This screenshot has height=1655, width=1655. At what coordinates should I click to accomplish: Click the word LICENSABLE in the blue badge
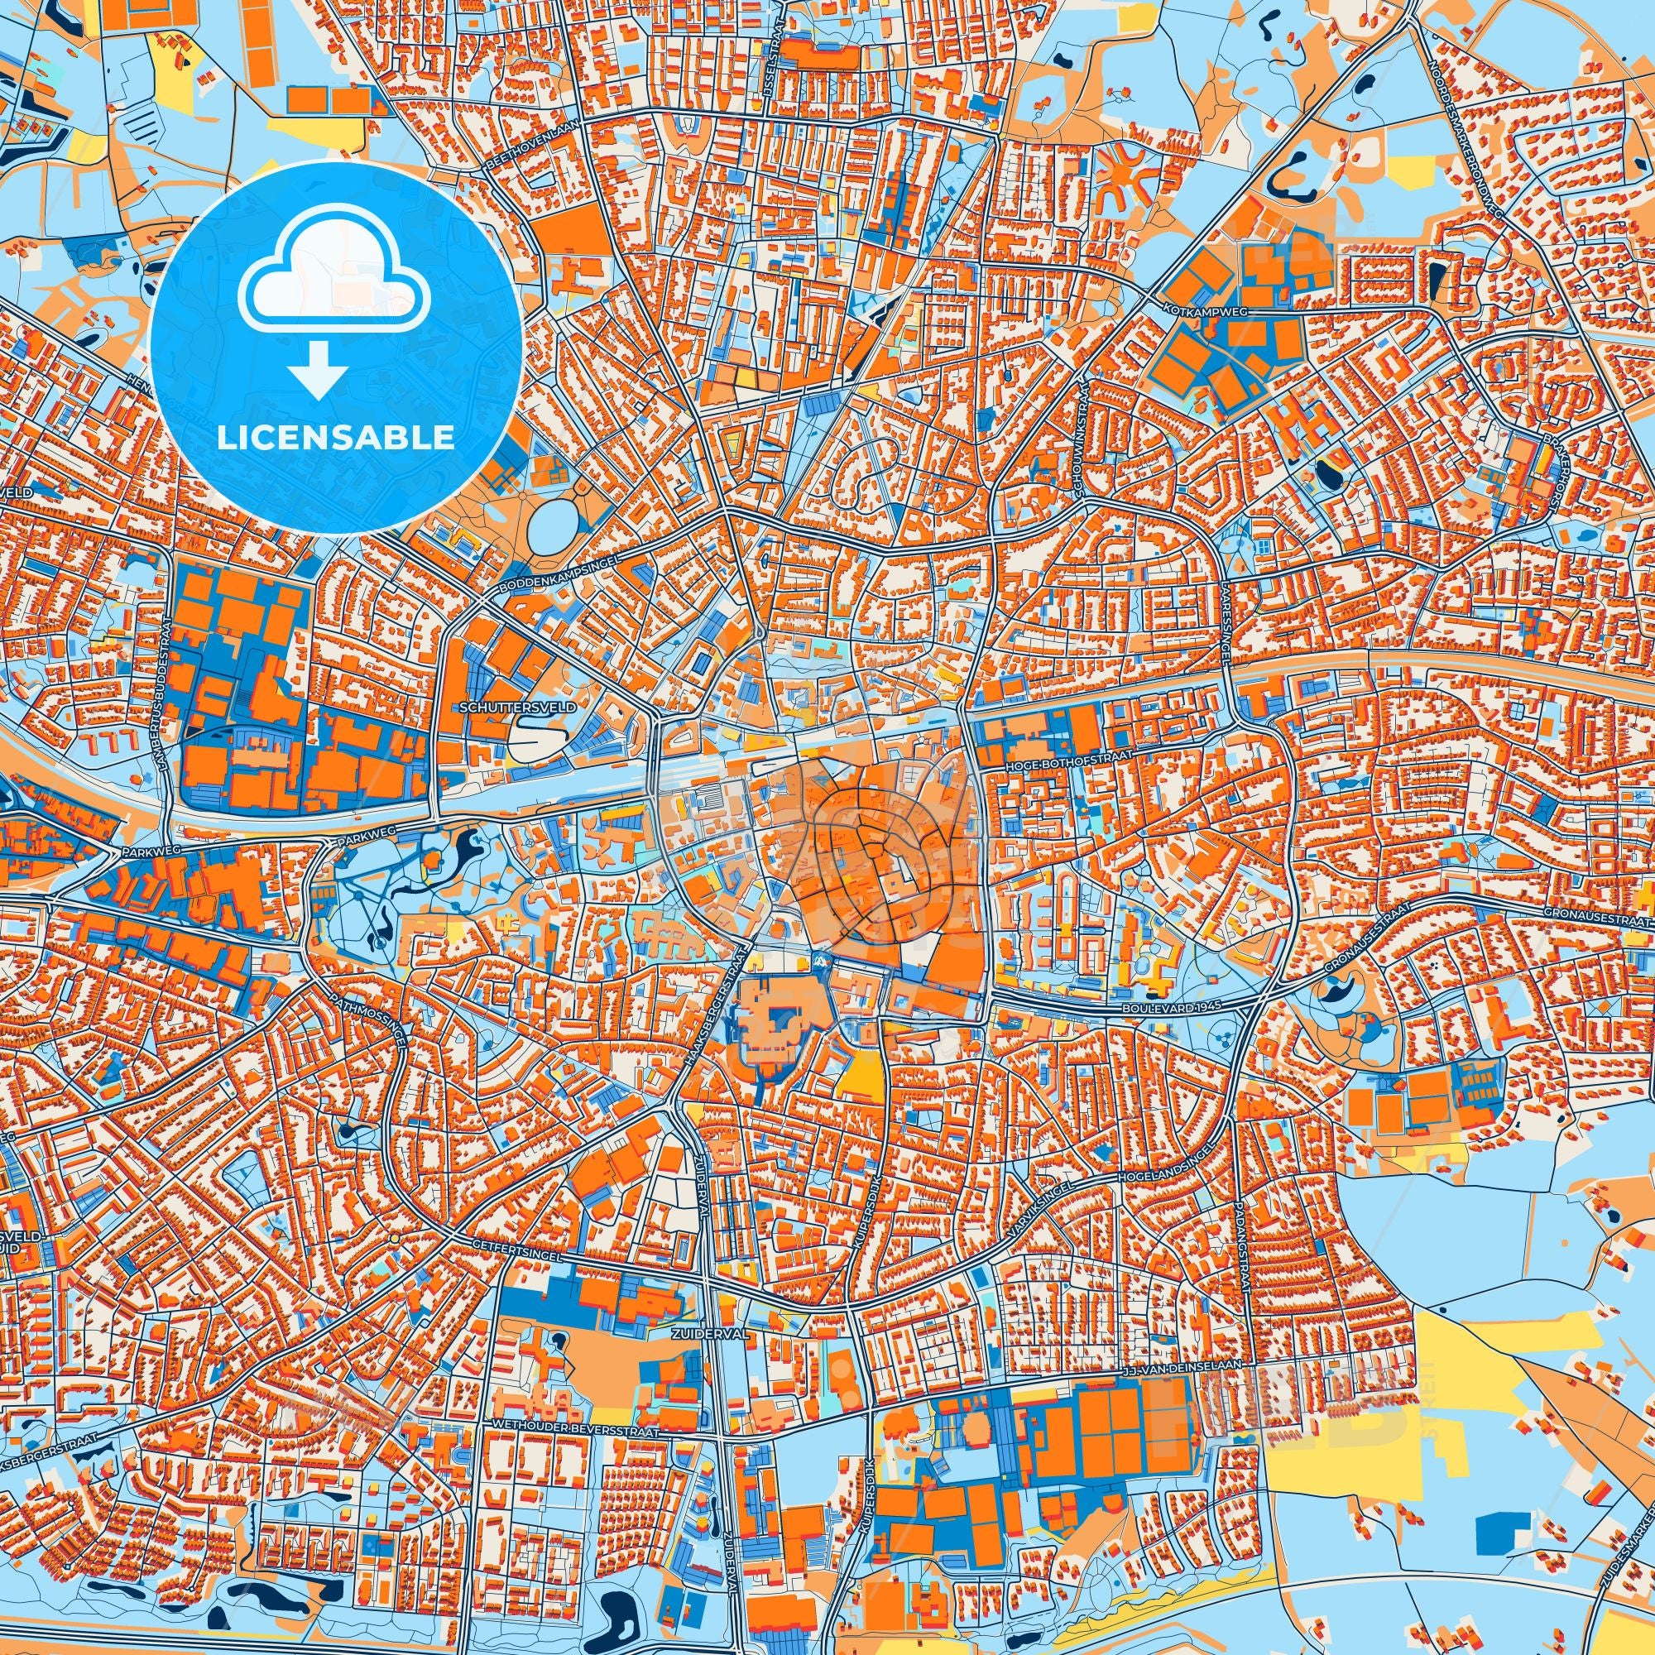(x=335, y=438)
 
